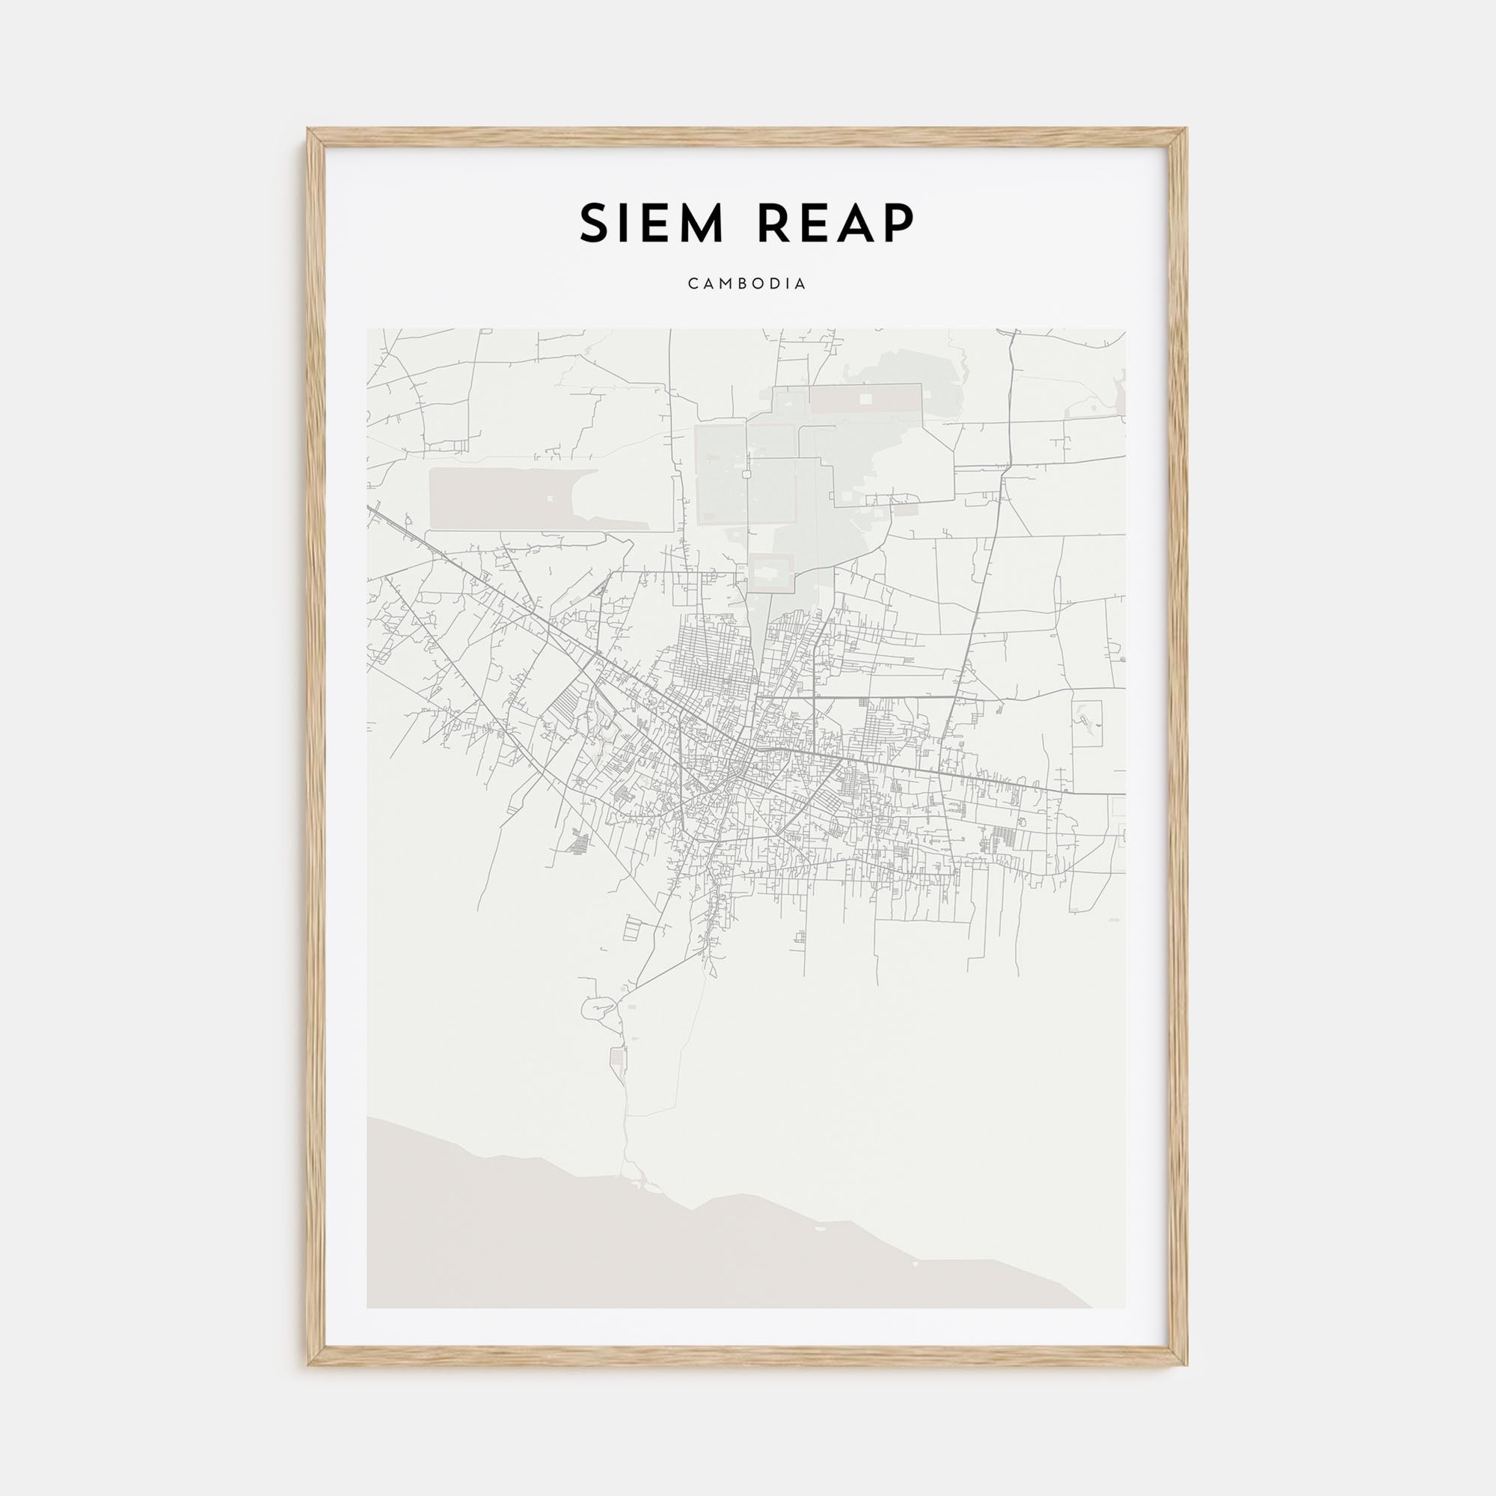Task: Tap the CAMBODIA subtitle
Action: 747,284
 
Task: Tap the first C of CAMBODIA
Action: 691,284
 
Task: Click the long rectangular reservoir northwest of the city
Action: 511,498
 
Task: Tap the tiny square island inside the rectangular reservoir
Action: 550,498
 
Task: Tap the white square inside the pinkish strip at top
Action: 865,398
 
